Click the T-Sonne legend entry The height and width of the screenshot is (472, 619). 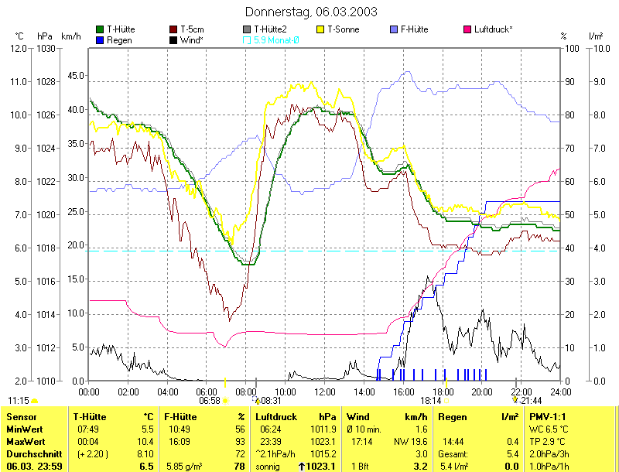coord(344,29)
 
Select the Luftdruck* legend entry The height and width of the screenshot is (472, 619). coord(492,29)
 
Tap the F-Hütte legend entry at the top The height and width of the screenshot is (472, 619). coord(415,29)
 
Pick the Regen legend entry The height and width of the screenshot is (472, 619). coord(118,39)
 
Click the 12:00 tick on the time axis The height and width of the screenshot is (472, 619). coord(324,392)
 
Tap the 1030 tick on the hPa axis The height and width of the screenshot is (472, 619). coord(45,48)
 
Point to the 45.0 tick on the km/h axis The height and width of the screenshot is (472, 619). coord(75,76)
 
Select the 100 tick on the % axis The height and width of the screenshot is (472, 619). coord(569,48)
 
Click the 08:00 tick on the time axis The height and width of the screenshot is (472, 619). coord(245,392)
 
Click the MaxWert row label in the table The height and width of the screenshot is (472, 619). coord(24,440)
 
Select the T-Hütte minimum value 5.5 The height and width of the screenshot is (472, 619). coord(147,429)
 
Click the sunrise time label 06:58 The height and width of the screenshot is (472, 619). coord(210,401)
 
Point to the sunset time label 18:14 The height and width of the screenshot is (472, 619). coord(431,401)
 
